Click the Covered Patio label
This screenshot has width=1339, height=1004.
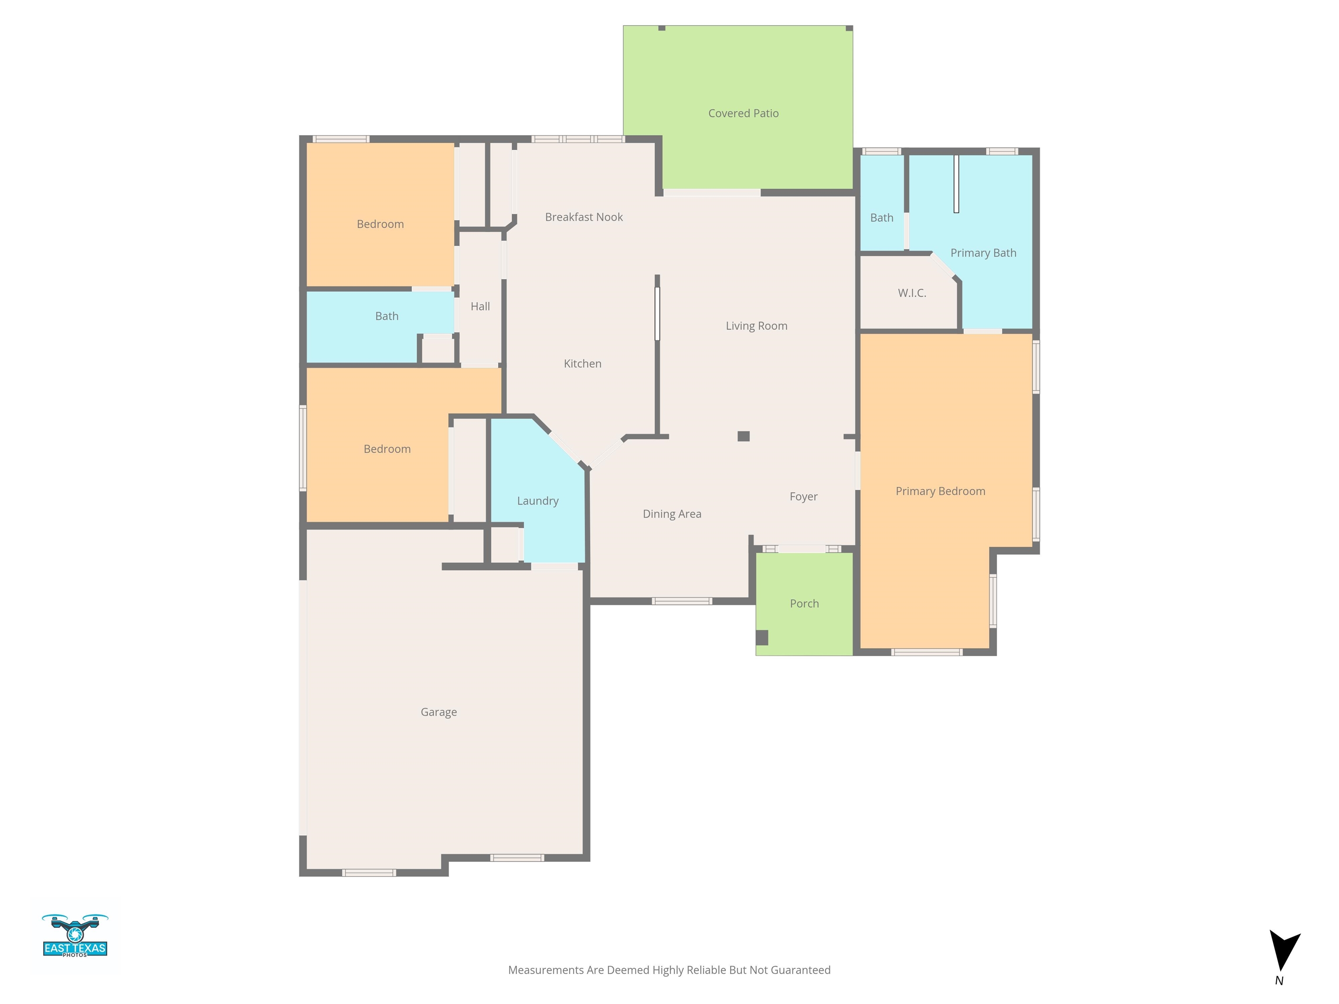tap(743, 113)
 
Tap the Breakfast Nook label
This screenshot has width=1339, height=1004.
tap(584, 217)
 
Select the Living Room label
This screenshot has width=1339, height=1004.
tap(757, 326)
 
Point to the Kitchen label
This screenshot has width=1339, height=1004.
tap(582, 363)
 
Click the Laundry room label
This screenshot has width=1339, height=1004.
tap(537, 501)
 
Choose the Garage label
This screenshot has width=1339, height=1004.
tap(439, 712)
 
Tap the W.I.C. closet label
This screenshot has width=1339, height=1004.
tap(912, 293)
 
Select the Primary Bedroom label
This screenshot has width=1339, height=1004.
tap(940, 491)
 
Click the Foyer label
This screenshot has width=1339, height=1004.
tap(803, 496)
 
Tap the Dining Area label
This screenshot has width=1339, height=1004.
tap(672, 514)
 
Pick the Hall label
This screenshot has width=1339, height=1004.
tap(480, 306)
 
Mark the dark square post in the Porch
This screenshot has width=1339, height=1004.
tap(762, 637)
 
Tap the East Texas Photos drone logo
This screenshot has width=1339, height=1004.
tap(75, 936)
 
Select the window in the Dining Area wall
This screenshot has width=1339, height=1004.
tap(682, 601)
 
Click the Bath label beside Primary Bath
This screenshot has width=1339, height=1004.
tap(881, 217)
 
